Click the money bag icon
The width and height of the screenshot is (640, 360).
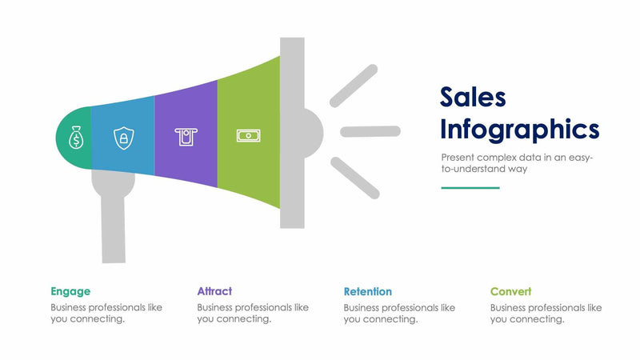pyautogui.click(x=75, y=139)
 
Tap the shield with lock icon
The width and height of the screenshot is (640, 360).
pyautogui.click(x=123, y=138)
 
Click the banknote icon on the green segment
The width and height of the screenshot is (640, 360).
pyautogui.click(x=248, y=136)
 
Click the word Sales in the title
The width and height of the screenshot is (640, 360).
pyautogui.click(x=473, y=97)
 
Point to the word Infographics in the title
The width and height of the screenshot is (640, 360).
pyautogui.click(x=519, y=128)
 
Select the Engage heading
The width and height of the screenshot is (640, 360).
pyautogui.click(x=70, y=291)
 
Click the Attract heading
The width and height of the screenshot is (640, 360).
pyautogui.click(x=214, y=291)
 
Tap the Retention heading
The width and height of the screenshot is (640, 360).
pyautogui.click(x=368, y=291)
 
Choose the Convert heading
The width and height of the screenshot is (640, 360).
pyautogui.click(x=510, y=291)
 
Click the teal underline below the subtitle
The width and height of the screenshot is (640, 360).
pyautogui.click(x=470, y=188)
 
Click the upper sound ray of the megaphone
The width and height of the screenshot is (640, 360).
pyautogui.click(x=353, y=86)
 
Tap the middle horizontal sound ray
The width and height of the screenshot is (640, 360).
pyautogui.click(x=370, y=131)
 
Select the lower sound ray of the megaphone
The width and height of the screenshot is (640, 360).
pyautogui.click(x=354, y=178)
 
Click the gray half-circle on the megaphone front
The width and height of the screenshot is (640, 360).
pyautogui.click(x=313, y=131)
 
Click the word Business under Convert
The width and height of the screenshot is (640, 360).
pyautogui.click(x=511, y=307)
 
